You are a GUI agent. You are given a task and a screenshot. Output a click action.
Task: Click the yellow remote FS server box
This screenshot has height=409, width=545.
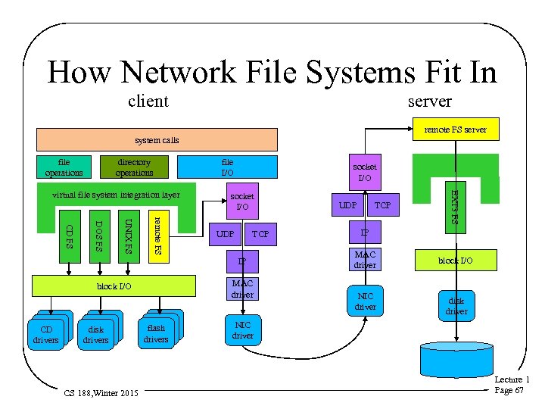(455, 130)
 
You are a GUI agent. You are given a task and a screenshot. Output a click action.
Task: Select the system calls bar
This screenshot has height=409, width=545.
(157, 140)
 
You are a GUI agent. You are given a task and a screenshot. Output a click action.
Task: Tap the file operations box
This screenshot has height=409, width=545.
(64, 167)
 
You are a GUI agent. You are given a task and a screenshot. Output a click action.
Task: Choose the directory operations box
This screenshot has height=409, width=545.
(134, 167)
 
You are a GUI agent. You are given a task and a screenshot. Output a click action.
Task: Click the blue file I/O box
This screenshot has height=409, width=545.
(227, 167)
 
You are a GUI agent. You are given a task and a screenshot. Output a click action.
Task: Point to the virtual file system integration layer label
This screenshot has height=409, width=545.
(116, 195)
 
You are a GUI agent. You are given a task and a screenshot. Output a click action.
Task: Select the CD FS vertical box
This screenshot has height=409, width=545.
(69, 235)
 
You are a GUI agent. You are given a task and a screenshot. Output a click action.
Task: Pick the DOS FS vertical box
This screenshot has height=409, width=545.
(98, 235)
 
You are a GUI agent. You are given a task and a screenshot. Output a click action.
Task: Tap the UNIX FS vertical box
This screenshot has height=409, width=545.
(129, 236)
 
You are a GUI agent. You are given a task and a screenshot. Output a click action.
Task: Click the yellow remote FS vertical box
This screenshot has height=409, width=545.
(157, 236)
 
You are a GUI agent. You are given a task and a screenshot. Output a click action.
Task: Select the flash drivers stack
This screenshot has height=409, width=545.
(157, 333)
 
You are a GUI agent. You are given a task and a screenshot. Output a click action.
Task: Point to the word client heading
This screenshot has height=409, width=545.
(148, 101)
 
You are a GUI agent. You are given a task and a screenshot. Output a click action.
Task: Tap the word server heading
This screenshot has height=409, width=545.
(429, 101)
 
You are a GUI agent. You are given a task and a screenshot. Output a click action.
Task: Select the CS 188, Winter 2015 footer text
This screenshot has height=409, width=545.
(101, 394)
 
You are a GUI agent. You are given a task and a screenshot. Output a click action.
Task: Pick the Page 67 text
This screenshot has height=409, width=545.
(509, 390)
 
